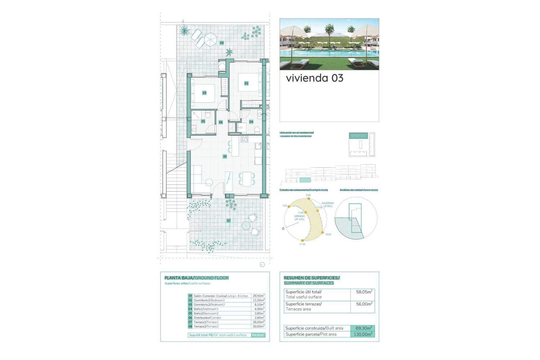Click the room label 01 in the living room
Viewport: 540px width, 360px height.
click(x=225, y=157)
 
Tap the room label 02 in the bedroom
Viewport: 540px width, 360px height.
click(x=246, y=83)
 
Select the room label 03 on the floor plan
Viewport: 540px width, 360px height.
click(x=204, y=93)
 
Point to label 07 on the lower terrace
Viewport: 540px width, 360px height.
click(x=229, y=221)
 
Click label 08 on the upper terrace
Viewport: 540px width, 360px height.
click(x=222, y=43)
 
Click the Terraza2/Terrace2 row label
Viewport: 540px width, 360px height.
click(x=206, y=327)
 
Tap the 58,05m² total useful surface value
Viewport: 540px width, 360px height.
click(x=364, y=292)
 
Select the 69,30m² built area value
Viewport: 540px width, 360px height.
click(x=364, y=328)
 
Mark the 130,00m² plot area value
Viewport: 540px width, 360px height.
click(x=363, y=334)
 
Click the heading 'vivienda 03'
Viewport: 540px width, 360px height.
click(x=314, y=78)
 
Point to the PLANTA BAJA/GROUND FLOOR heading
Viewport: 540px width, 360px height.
click(x=196, y=278)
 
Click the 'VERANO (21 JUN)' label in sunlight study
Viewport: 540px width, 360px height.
click(x=300, y=218)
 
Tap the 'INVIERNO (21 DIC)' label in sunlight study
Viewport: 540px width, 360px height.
click(x=328, y=204)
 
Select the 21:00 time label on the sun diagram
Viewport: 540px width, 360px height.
click(x=302, y=244)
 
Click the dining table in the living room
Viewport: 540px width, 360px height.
click(x=247, y=179)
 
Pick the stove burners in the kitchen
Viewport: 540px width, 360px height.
click(x=244, y=139)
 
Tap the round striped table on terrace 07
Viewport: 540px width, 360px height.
click(x=246, y=225)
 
